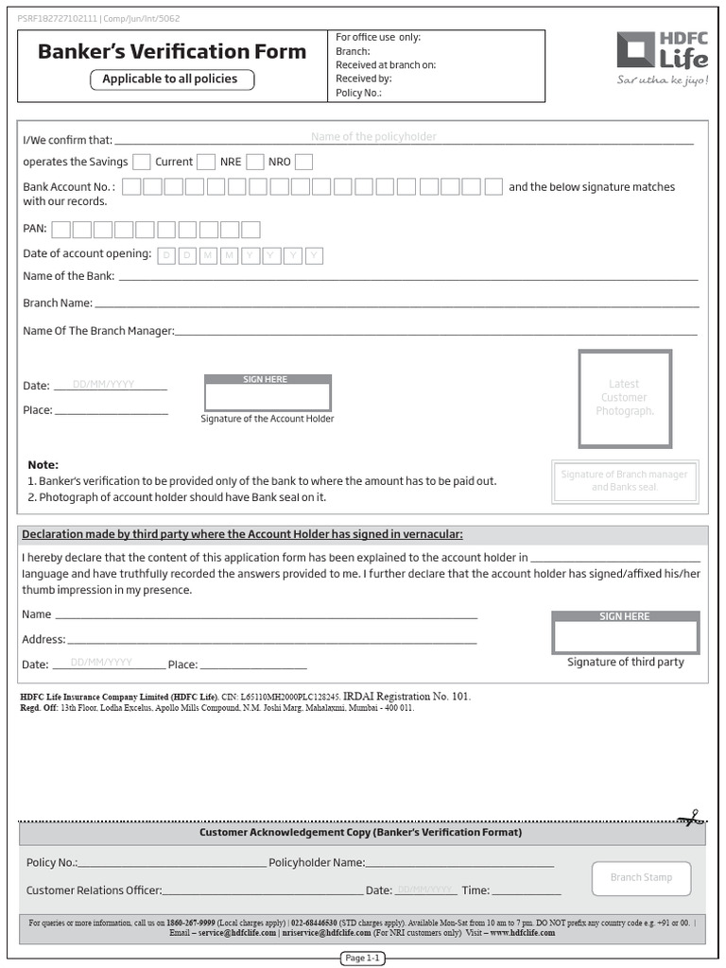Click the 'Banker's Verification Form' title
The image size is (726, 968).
[x=172, y=52]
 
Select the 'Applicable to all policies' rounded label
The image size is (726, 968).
[x=171, y=79]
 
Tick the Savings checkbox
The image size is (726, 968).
[x=142, y=162]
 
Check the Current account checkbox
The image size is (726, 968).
[x=206, y=162]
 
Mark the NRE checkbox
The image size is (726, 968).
[x=255, y=162]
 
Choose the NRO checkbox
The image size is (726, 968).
[x=303, y=162]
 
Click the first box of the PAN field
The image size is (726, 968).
[x=61, y=229]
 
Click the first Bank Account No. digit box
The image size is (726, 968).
[x=132, y=186]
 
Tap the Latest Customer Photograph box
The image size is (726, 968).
[x=625, y=398]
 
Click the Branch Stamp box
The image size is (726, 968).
[x=641, y=878]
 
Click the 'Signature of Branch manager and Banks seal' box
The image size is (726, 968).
[x=624, y=480]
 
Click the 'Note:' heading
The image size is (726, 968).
[x=43, y=465]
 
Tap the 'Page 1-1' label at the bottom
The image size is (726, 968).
[x=363, y=958]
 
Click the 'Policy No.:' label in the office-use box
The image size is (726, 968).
[x=358, y=94]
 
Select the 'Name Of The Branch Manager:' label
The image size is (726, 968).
[x=98, y=331]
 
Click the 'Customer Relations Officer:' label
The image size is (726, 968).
[x=94, y=890]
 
